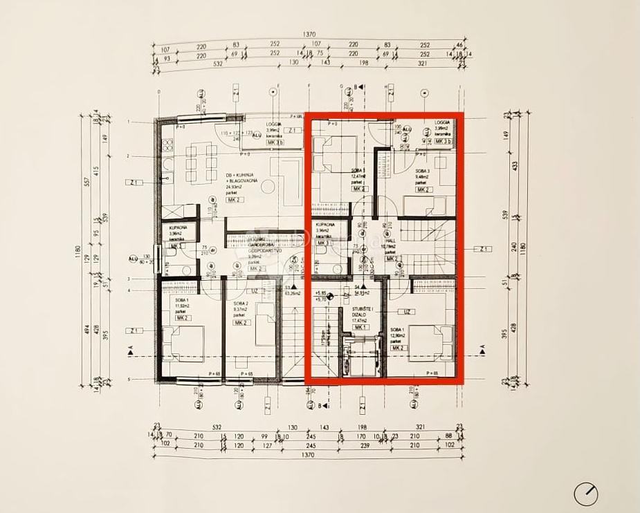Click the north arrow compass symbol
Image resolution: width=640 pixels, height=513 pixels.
click(586, 494)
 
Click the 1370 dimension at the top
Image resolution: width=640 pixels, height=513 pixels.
click(309, 35)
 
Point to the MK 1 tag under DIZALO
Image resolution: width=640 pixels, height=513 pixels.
click(360, 327)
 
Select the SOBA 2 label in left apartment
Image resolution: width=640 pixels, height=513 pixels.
click(240, 304)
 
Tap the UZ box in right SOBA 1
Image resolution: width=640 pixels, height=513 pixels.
click(408, 312)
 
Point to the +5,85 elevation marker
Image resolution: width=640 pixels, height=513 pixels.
click(320, 292)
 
